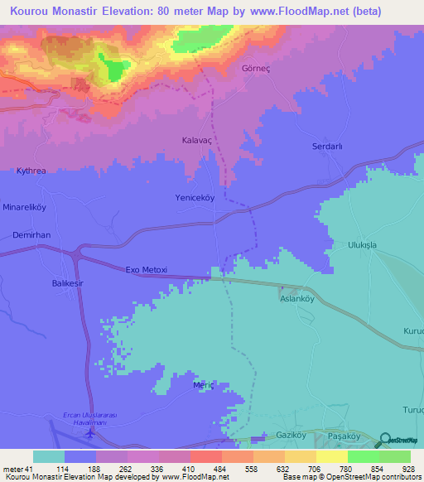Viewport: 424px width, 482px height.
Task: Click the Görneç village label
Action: click(255, 69)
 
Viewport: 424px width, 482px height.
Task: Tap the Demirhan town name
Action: click(31, 235)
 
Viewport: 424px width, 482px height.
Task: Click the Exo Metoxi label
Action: click(147, 270)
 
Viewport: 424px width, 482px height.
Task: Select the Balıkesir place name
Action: click(58, 283)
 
